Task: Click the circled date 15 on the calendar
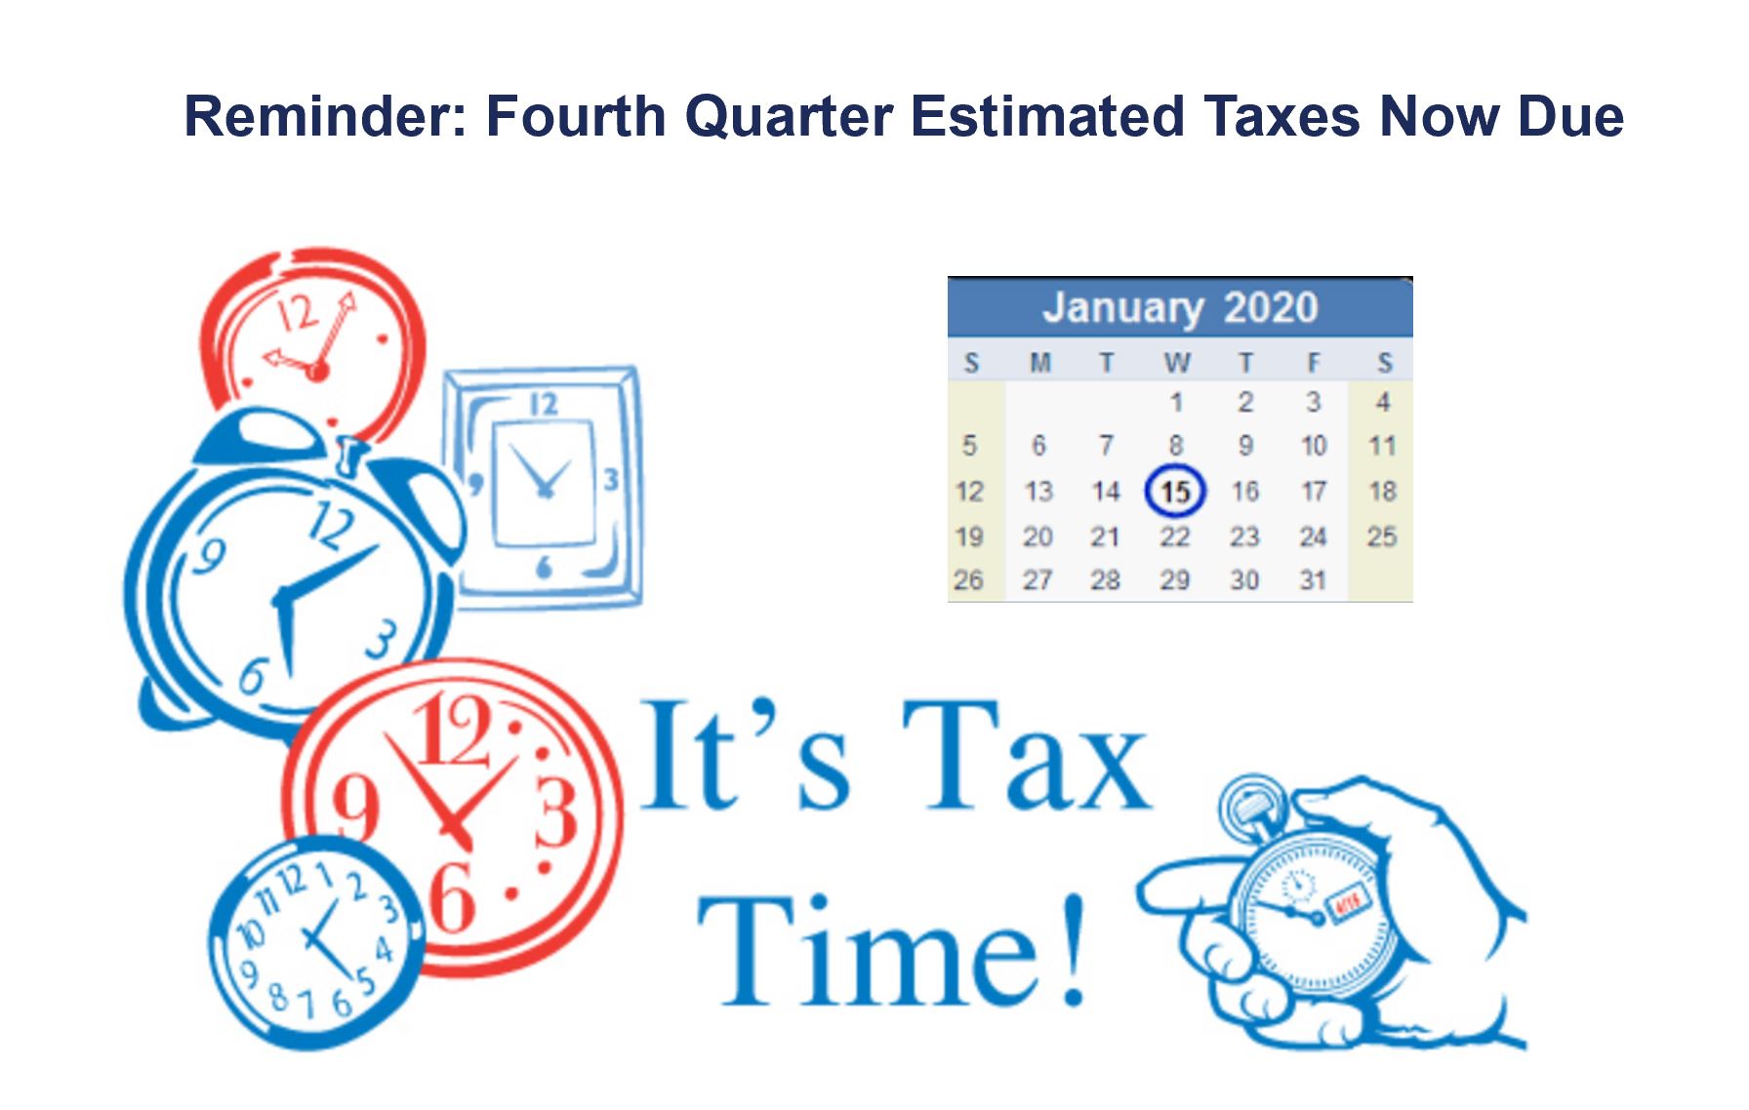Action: [x=1175, y=491]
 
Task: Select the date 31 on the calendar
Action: [x=1313, y=580]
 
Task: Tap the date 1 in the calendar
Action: [x=1176, y=402]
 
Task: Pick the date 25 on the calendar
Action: [x=1382, y=536]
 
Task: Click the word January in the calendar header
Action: [x=1122, y=308]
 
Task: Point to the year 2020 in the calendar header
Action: [x=1271, y=307]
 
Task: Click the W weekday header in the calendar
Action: [x=1177, y=363]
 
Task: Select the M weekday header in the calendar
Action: [x=1039, y=363]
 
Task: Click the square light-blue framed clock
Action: [x=544, y=488]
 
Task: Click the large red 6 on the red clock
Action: [x=453, y=896]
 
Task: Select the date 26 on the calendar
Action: [x=968, y=580]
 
